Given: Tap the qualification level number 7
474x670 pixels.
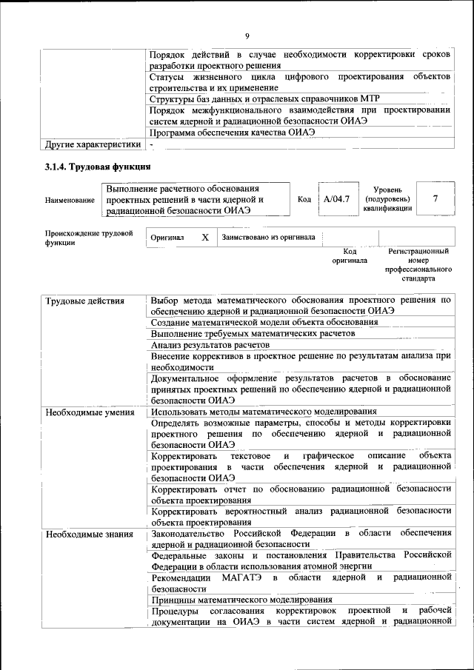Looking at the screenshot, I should (435, 199).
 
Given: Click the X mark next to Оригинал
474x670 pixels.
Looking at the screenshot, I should (205, 238).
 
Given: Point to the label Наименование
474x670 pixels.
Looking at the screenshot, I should (70, 200).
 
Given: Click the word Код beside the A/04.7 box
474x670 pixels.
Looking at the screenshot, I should (304, 199).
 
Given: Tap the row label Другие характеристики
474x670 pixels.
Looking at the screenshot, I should (93, 144).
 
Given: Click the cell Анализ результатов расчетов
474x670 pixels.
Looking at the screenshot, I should (210, 344).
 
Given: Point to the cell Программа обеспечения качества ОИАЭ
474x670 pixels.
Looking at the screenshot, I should (233, 133).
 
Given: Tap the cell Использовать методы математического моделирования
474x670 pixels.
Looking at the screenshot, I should (264, 412).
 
